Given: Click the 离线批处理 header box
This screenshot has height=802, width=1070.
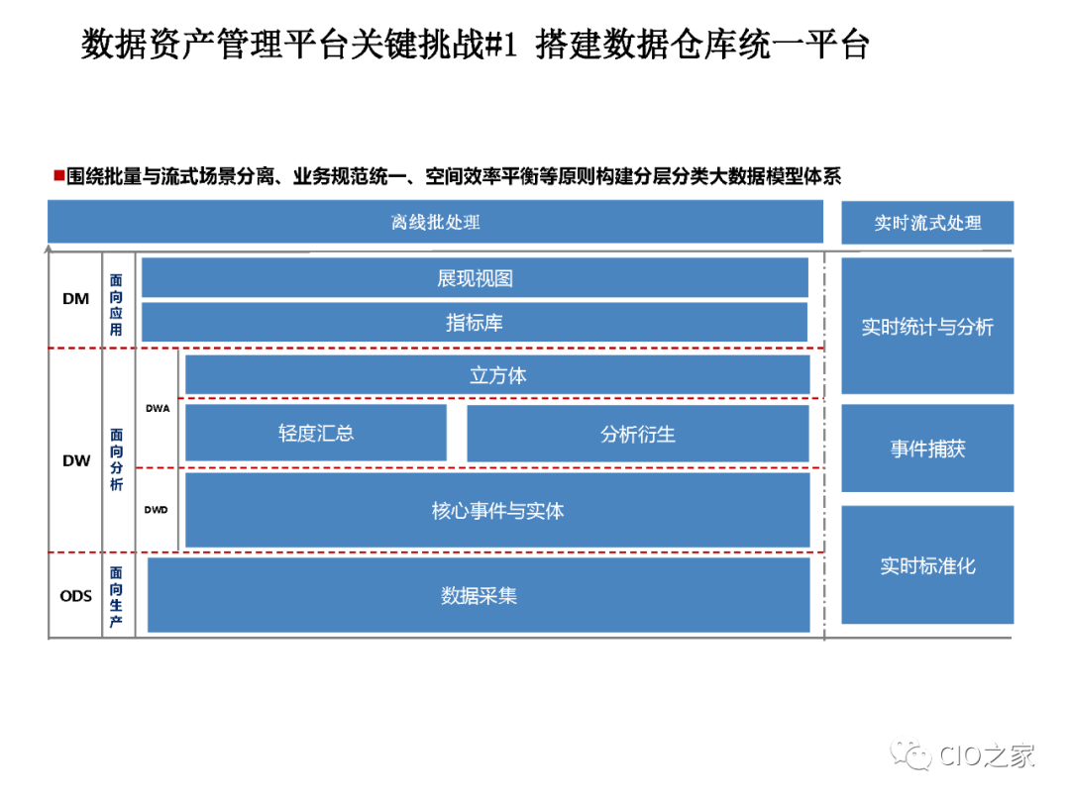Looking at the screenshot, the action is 435,222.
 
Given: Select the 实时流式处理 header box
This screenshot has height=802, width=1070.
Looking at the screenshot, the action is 927,223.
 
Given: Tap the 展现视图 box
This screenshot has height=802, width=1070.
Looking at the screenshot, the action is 475,278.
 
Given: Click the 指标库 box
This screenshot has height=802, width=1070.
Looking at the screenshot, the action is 475,323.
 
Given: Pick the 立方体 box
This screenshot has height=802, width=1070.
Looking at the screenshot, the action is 497,375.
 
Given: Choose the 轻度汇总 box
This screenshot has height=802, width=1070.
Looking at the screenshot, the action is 316,433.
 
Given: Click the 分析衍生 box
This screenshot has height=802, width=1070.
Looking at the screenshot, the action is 638,434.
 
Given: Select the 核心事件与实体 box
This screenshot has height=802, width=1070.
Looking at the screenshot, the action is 497,511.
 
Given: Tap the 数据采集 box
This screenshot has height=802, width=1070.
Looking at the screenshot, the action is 479,595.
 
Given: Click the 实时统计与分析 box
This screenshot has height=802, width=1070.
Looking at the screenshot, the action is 927,327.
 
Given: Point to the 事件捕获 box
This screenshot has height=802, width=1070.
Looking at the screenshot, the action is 927,449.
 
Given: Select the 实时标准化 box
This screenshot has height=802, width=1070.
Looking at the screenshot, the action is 927,565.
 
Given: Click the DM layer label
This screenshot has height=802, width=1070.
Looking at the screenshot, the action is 75,298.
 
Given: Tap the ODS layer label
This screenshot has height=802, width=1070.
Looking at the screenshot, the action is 75,595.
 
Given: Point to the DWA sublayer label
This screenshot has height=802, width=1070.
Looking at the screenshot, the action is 158,408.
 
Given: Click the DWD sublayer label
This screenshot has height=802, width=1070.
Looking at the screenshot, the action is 157,510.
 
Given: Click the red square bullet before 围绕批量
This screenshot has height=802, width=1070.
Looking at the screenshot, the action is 58,176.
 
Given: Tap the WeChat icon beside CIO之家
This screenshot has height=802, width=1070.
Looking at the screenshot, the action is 910,754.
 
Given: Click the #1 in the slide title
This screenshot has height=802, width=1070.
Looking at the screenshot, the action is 500,45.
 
